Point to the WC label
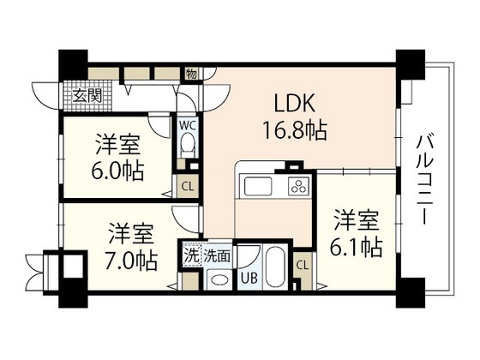pos(187,124)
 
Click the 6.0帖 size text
pos(119,169)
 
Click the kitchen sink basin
pos(258,187)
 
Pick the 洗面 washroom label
pos(217,255)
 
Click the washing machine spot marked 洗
pos(192,255)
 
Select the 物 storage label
pos(192,74)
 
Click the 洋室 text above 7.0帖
pos(131,233)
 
